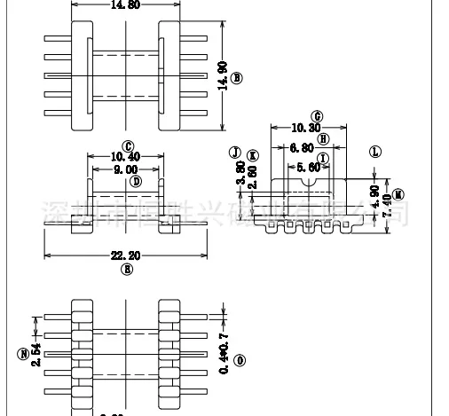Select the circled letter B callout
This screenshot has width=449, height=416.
[236, 78]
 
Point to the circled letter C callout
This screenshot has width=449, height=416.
[128, 145]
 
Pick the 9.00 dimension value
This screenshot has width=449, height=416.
[125, 169]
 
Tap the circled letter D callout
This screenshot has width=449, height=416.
[136, 181]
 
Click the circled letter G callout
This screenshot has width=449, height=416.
[317, 116]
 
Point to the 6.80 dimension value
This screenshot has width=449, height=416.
[303, 148]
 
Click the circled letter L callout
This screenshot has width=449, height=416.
[375, 152]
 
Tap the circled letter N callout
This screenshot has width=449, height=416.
[21, 354]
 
